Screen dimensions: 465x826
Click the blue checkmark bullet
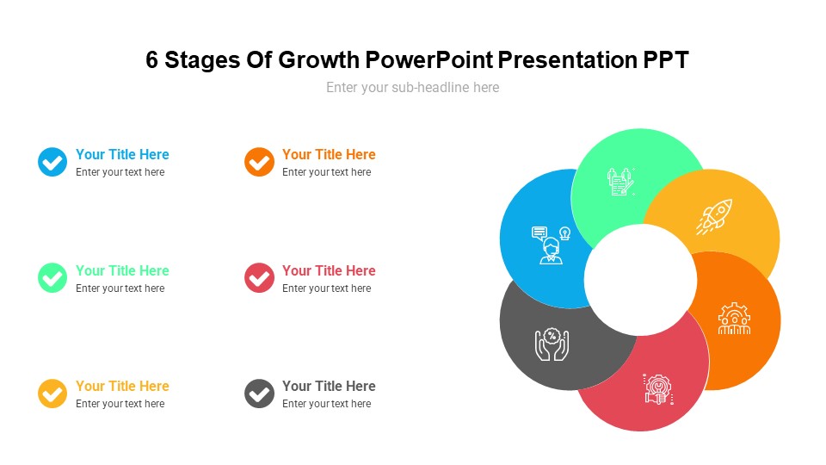(52, 162)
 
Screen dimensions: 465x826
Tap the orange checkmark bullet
(259, 162)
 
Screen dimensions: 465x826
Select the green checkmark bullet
(52, 278)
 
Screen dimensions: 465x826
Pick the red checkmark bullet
(259, 278)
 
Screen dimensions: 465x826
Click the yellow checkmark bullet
(52, 394)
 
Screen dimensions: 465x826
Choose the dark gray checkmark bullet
(259, 394)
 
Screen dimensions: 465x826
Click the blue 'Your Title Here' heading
(122, 155)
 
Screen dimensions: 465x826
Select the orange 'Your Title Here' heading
(329, 155)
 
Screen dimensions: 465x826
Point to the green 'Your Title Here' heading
(122, 270)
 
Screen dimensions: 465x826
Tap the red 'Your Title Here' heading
(329, 270)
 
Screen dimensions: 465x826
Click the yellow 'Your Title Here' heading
(122, 387)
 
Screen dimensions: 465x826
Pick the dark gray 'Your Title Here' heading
(329, 387)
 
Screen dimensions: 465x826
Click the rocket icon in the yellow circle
(714, 216)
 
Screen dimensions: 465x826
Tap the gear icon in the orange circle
(734, 319)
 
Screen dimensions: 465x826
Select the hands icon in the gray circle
(552, 344)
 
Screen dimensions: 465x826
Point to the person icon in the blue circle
(551, 245)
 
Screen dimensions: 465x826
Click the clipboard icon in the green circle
(620, 182)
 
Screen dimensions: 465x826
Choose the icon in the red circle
(658, 389)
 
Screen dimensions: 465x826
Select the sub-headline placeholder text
(412, 87)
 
